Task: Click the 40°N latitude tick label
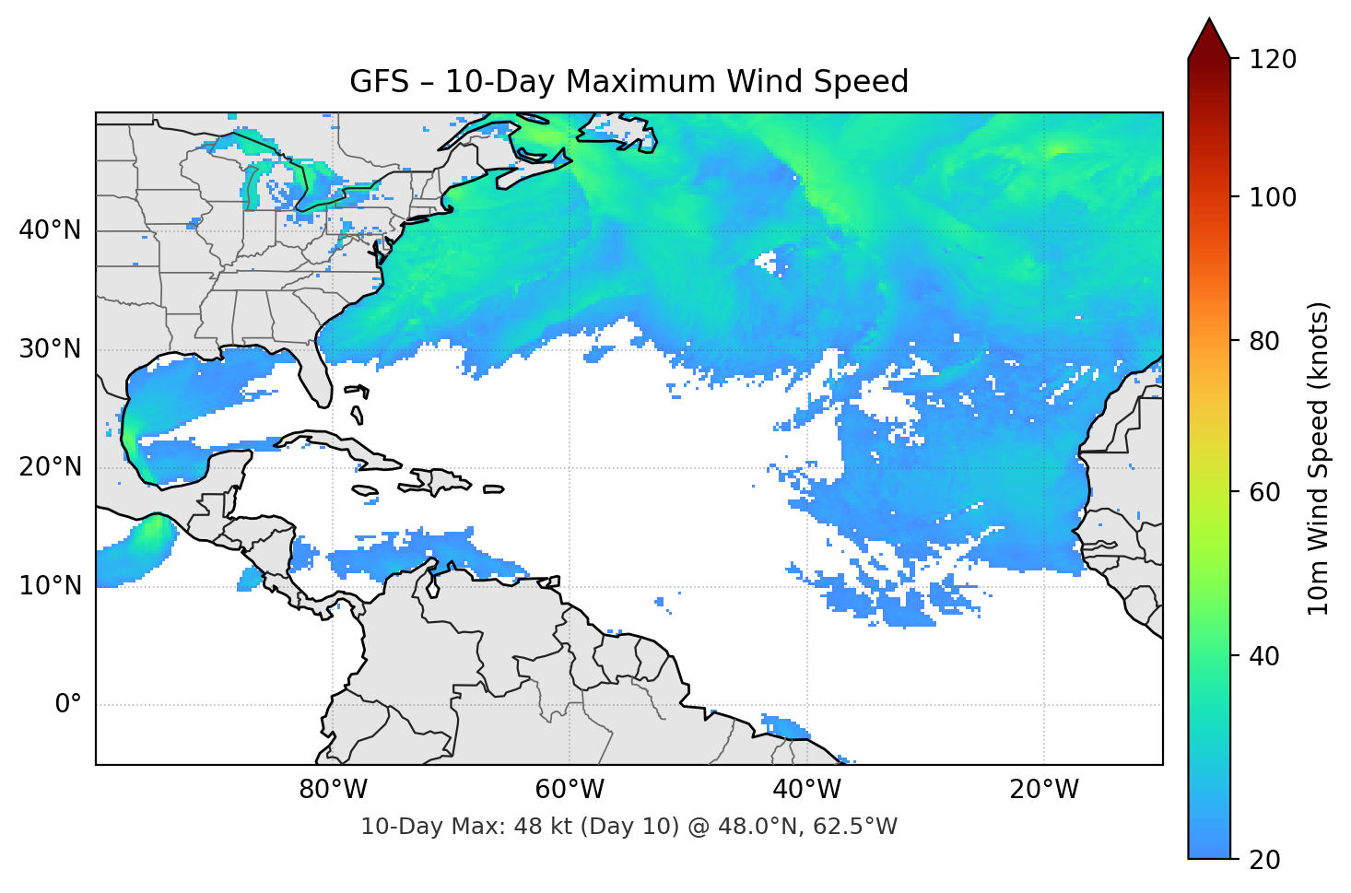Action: point(50,230)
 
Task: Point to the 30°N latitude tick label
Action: point(50,349)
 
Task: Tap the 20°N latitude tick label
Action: point(50,467)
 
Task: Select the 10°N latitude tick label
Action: point(50,586)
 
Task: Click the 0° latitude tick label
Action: point(68,705)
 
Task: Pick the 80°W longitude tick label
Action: point(333,790)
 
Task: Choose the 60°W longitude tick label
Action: point(570,790)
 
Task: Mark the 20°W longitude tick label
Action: point(1044,790)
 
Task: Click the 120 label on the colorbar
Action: point(1274,60)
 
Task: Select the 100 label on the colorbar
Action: point(1274,197)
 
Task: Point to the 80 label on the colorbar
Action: point(1264,341)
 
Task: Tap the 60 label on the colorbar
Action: point(1264,492)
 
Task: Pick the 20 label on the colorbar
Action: point(1264,860)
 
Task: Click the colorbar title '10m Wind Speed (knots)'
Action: point(1319,458)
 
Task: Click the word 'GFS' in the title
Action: point(379,82)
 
